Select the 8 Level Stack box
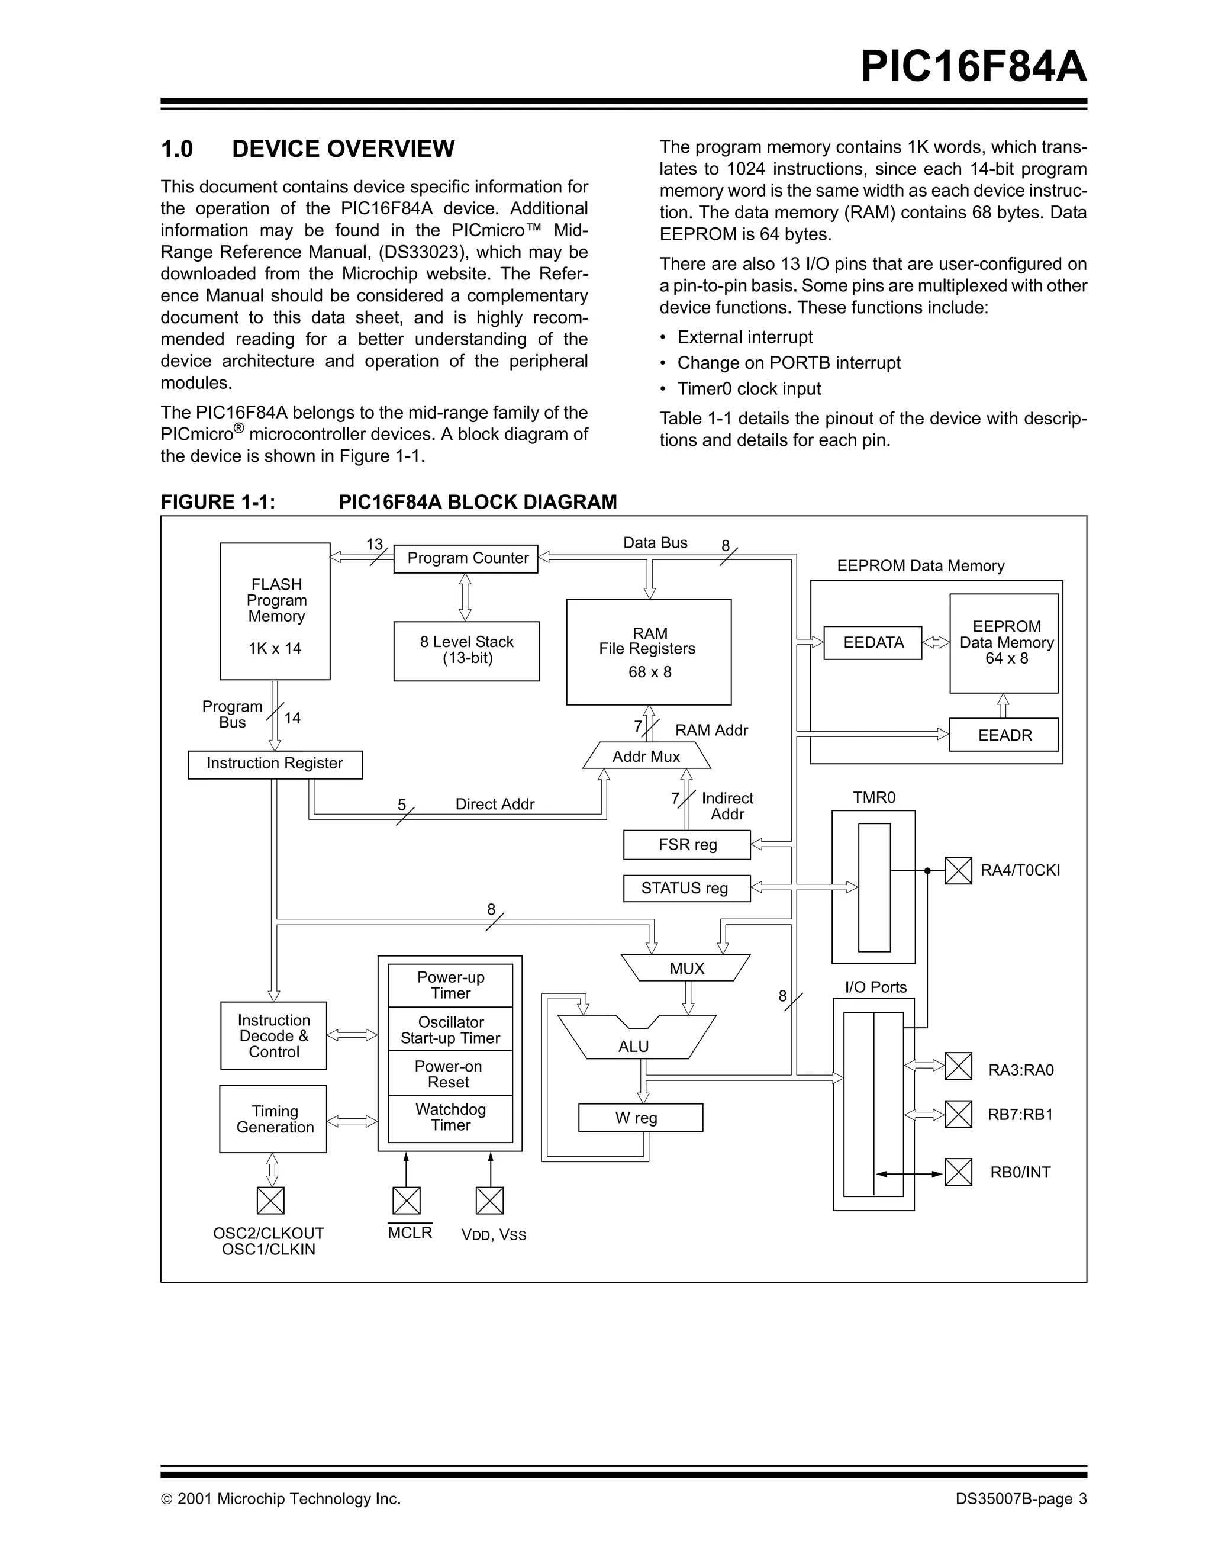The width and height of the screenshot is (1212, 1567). (x=466, y=650)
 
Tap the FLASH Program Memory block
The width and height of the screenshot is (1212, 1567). (x=275, y=612)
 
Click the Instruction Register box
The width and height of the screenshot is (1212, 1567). (x=275, y=764)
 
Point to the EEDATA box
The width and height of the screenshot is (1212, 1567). (x=873, y=643)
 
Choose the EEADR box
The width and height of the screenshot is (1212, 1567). (x=1004, y=735)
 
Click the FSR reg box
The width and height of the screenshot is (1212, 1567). (x=686, y=845)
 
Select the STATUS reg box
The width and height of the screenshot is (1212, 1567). (x=686, y=888)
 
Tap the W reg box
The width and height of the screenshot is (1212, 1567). (x=640, y=1118)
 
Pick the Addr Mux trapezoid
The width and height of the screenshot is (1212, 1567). (x=646, y=756)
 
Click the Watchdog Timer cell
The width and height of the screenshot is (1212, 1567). (x=450, y=1118)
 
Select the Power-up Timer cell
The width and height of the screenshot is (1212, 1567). (x=450, y=985)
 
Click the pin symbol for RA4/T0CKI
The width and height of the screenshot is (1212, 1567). (x=958, y=870)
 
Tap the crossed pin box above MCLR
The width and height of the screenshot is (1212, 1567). (x=407, y=1201)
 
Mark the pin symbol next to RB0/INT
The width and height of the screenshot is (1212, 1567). (x=958, y=1172)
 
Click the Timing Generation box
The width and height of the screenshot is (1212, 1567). (x=273, y=1119)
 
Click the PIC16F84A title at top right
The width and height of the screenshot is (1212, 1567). (x=973, y=67)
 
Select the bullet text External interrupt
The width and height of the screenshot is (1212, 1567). (x=744, y=337)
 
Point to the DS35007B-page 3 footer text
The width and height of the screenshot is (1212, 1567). (x=1020, y=1499)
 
